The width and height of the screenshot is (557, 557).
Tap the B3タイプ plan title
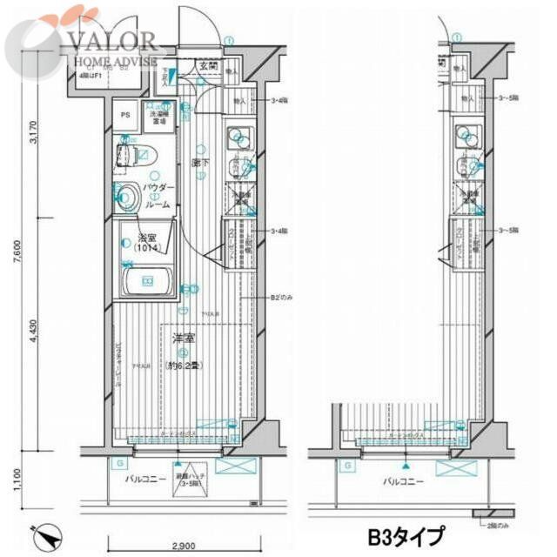405,534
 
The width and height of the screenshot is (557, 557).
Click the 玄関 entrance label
208,64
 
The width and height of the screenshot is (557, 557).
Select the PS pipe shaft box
124,115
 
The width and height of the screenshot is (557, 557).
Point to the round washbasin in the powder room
127,197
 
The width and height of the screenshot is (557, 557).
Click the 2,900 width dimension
181,547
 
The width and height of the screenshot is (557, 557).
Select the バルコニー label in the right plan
404,480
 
